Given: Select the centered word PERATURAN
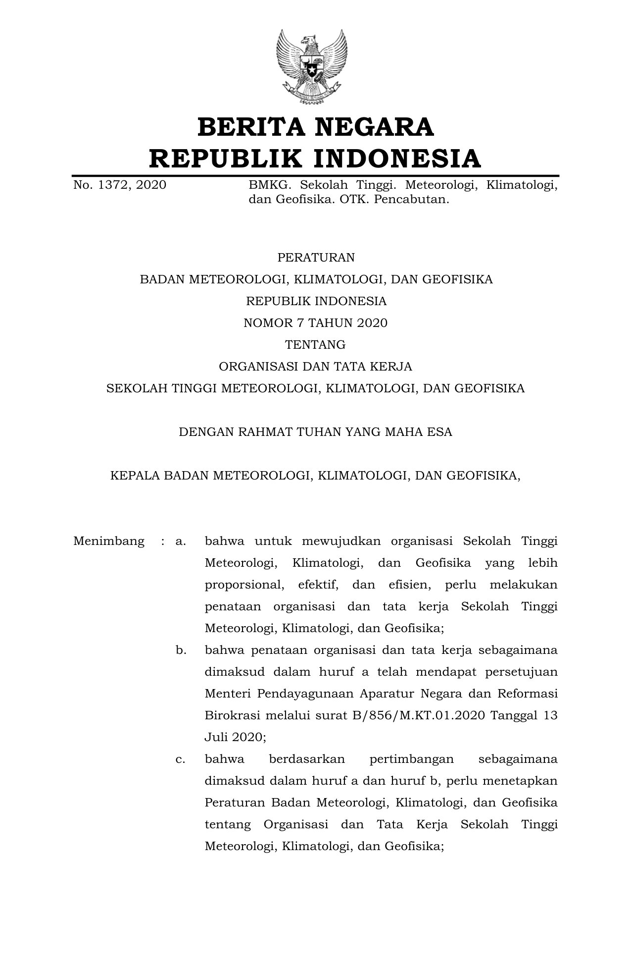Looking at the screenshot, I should pyautogui.click(x=316, y=258).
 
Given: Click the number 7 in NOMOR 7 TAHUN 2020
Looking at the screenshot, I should pyautogui.click(x=300, y=323).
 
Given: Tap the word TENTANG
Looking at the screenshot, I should pyautogui.click(x=315, y=345).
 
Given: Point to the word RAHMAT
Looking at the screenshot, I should pyautogui.click(x=265, y=432).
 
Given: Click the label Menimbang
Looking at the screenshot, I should pyautogui.click(x=109, y=541).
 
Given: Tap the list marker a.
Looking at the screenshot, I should pyautogui.click(x=181, y=541).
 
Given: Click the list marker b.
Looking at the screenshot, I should pyautogui.click(x=181, y=650).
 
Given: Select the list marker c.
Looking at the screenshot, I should pyautogui.click(x=181, y=759).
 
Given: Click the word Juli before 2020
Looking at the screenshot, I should pyautogui.click(x=216, y=737).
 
